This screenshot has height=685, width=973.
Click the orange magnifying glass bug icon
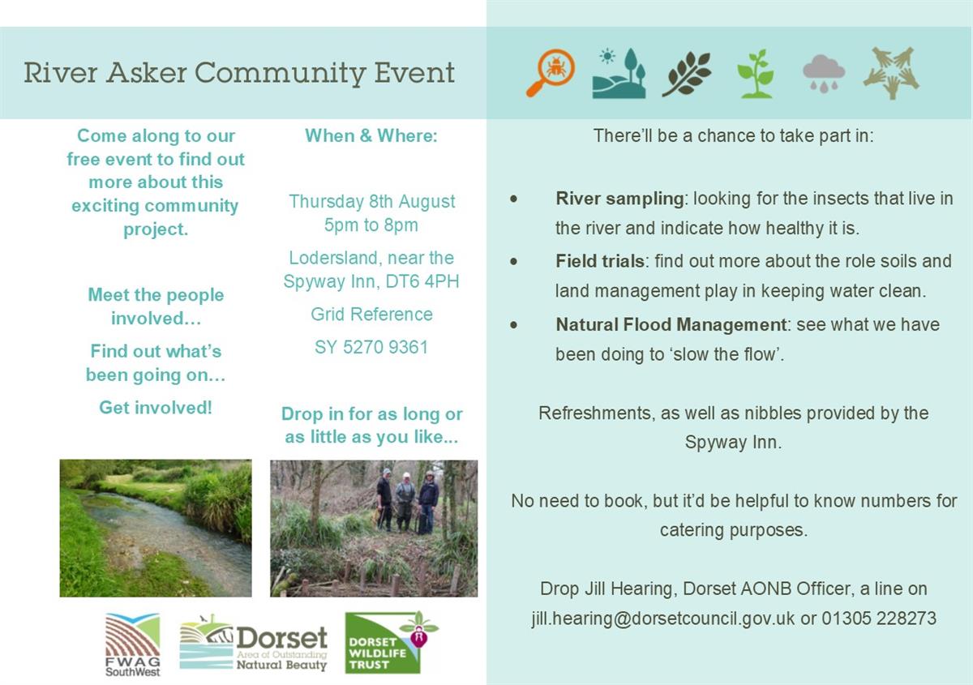click(551, 72)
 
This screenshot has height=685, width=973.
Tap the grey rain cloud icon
click(824, 74)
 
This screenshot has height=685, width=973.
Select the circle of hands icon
click(891, 73)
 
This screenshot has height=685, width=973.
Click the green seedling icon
click(756, 74)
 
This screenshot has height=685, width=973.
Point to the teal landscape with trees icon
click(619, 73)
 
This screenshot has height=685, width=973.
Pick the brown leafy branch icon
click(687, 74)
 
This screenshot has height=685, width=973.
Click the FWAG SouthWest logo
click(132, 644)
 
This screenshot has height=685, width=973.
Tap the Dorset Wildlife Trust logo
click(392, 642)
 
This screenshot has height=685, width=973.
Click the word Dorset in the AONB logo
click(282, 638)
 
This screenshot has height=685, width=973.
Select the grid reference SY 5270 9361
click(371, 347)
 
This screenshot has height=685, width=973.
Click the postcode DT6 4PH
click(422, 281)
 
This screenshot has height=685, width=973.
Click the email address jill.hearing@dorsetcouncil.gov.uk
click(663, 619)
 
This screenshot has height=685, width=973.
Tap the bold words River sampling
click(619, 199)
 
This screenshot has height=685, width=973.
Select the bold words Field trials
click(600, 262)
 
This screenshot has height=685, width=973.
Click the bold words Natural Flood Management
click(671, 325)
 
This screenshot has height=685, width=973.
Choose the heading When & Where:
click(371, 135)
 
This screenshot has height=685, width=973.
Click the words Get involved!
click(156, 408)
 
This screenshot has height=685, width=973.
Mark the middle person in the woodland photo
click(405, 502)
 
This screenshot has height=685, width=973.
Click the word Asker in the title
click(148, 72)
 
